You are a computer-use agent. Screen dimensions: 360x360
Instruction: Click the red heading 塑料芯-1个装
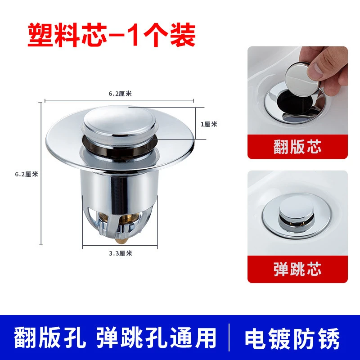click(111, 35)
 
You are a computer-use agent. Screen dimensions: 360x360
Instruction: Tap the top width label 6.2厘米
click(119, 94)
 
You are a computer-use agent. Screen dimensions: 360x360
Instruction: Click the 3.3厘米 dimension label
click(121, 253)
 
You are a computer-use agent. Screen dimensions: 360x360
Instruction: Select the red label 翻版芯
click(297, 146)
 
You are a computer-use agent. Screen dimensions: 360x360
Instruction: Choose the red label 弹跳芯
click(297, 269)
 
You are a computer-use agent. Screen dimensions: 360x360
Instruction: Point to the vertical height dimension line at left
click(41, 174)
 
